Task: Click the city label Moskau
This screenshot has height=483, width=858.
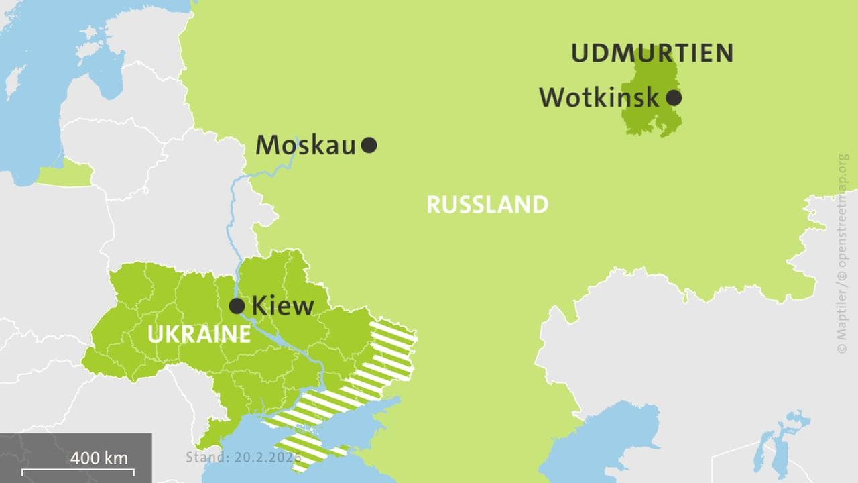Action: [306, 145]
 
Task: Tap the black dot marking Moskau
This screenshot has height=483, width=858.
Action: [369, 144]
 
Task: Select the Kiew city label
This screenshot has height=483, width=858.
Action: [282, 306]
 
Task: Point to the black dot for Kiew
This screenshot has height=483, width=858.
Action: [237, 306]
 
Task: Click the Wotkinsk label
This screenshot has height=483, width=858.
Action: [599, 98]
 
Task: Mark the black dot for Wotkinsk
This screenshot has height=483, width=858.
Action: [674, 98]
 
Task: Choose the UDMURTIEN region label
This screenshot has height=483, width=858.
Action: [652, 53]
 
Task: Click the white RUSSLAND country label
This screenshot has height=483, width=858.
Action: [487, 205]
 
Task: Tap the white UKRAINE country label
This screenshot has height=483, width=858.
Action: [199, 334]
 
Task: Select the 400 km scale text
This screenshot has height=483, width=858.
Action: [99, 458]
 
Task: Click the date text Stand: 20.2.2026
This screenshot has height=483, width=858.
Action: [243, 458]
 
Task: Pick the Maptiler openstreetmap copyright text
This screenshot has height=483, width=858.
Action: [843, 254]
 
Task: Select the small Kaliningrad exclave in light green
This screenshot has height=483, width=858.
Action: [64, 175]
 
